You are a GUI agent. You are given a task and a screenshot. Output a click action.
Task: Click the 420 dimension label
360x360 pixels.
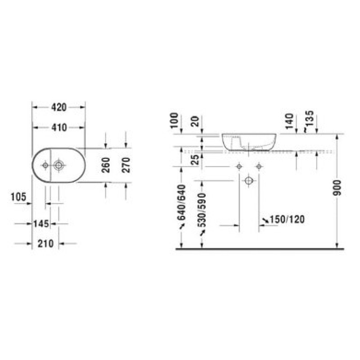point(59,107)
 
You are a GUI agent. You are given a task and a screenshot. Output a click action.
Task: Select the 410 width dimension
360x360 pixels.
point(59,127)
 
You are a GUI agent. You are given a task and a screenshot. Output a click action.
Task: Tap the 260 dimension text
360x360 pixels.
point(106,165)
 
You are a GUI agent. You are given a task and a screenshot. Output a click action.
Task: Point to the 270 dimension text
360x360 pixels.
point(126,165)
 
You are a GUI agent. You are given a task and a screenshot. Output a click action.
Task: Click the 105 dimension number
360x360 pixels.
point(18,197)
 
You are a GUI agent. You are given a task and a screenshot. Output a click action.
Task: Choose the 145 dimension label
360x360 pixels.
point(41,223)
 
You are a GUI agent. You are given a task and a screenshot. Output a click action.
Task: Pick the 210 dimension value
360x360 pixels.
point(45,243)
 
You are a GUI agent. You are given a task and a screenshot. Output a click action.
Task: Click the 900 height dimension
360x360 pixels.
point(337,188)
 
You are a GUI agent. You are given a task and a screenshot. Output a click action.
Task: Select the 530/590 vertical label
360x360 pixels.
point(202,210)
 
